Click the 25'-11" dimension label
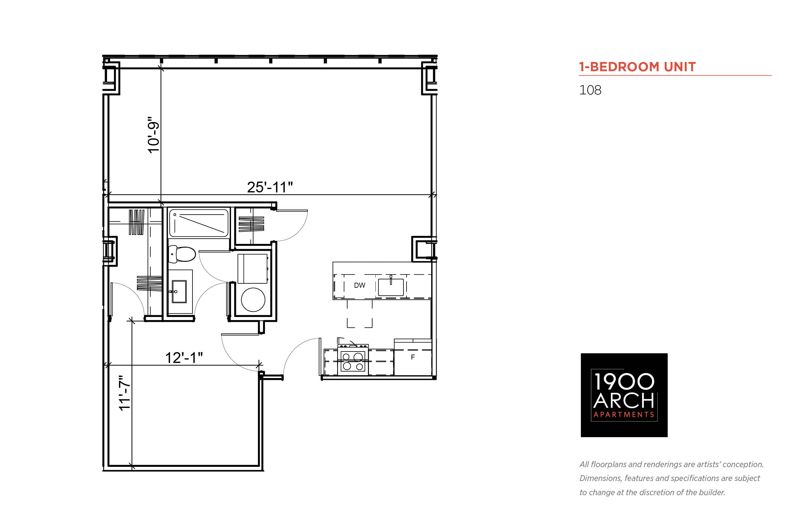(x=270, y=187)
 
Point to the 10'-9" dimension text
(x=153, y=135)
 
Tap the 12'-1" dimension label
(x=184, y=358)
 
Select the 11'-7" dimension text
(x=125, y=393)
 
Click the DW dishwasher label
(x=359, y=285)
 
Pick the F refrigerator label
(x=413, y=357)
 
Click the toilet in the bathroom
(x=181, y=254)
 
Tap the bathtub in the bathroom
(x=198, y=223)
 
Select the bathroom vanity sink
(x=179, y=291)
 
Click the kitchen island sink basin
(x=391, y=287)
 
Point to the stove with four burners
(x=353, y=360)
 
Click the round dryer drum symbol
(x=253, y=300)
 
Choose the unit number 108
(x=590, y=90)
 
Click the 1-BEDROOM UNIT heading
(x=637, y=67)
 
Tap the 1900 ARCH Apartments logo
(x=624, y=395)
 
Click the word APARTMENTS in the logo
(x=624, y=415)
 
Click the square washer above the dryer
(x=252, y=269)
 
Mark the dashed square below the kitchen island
(x=360, y=313)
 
